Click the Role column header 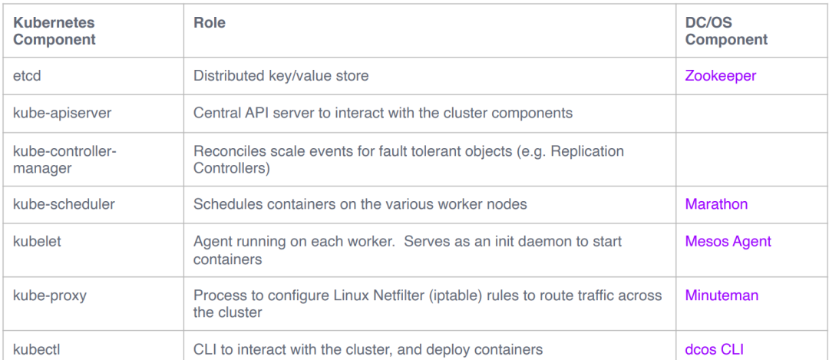(210, 23)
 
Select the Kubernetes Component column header (54, 31)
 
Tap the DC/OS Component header (726, 31)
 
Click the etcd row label (27, 75)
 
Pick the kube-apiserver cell (62, 113)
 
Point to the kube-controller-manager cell (64, 159)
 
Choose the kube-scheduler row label (64, 204)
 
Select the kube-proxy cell (50, 295)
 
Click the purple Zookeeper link (721, 75)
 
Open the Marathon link (716, 204)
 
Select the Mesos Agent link (728, 242)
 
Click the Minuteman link (722, 295)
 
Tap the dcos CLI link (715, 349)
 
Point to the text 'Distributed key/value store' (281, 75)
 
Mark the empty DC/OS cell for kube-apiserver (751, 113)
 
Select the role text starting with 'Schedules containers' (360, 204)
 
